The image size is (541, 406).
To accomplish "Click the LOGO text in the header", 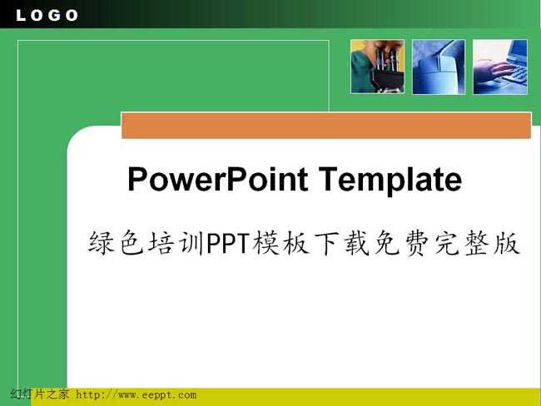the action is [47, 15].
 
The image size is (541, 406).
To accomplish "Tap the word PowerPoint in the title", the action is [218, 179].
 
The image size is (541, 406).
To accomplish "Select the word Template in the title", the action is [390, 179].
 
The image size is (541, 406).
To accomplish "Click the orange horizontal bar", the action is [326, 126].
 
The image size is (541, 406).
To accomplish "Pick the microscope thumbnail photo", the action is [378, 67].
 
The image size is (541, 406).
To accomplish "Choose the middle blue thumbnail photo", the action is [439, 67].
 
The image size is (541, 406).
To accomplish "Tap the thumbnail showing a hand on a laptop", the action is [500, 67].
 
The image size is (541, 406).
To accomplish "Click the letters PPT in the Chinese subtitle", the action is [228, 243].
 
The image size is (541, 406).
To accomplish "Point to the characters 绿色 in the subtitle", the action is [116, 243].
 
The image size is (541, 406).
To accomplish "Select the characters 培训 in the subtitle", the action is [176, 243].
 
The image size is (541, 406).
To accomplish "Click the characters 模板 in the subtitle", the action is [280, 243].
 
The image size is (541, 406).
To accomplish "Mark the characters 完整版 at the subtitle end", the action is [477, 243].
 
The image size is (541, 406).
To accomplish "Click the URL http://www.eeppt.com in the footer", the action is [136, 394].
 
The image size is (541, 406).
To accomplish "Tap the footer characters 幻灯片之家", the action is [40, 394].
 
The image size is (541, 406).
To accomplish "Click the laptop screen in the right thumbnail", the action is [518, 52].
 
